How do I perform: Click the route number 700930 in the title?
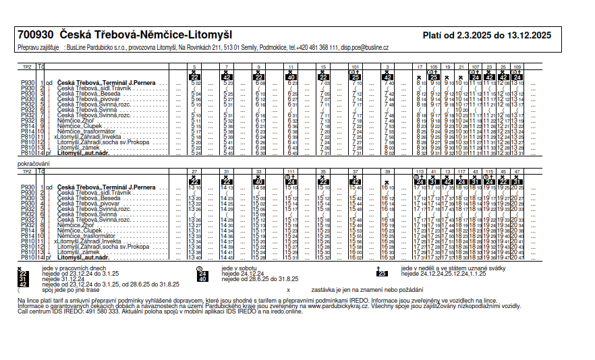tap(36, 34)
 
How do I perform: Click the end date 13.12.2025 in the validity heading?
tap(528, 35)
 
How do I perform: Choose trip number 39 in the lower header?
tap(387, 172)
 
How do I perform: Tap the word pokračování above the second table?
tap(33, 164)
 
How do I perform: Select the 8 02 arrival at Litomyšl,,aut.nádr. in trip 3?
tap(389, 154)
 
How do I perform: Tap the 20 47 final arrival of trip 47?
tap(517, 258)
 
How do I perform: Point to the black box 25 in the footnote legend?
tap(382, 273)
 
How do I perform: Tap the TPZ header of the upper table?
tap(27, 67)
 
